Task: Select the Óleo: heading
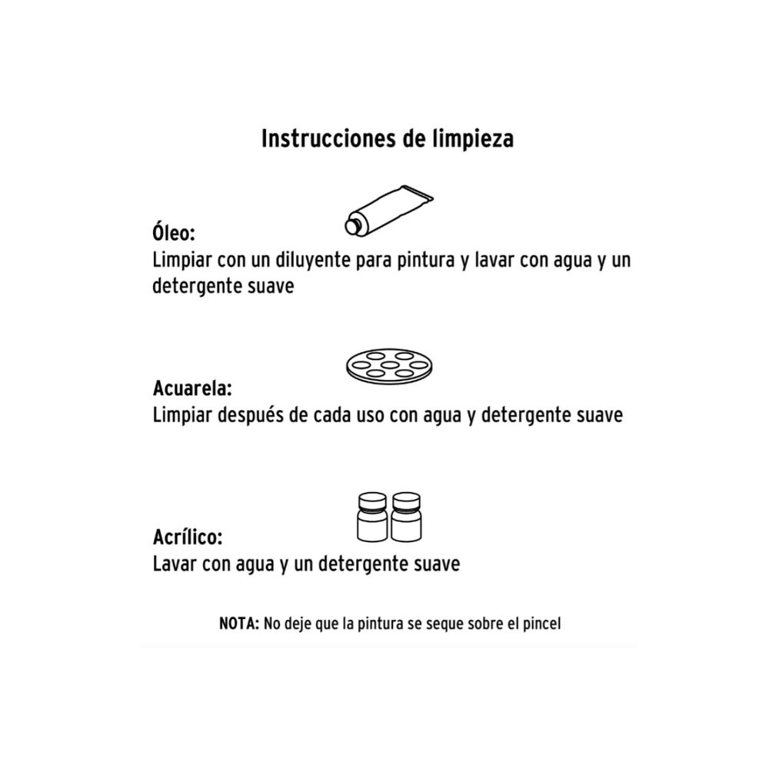173,231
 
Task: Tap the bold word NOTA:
239,623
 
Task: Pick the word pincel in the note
541,623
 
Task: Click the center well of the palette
391,364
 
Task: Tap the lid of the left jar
373,501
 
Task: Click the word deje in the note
297,623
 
